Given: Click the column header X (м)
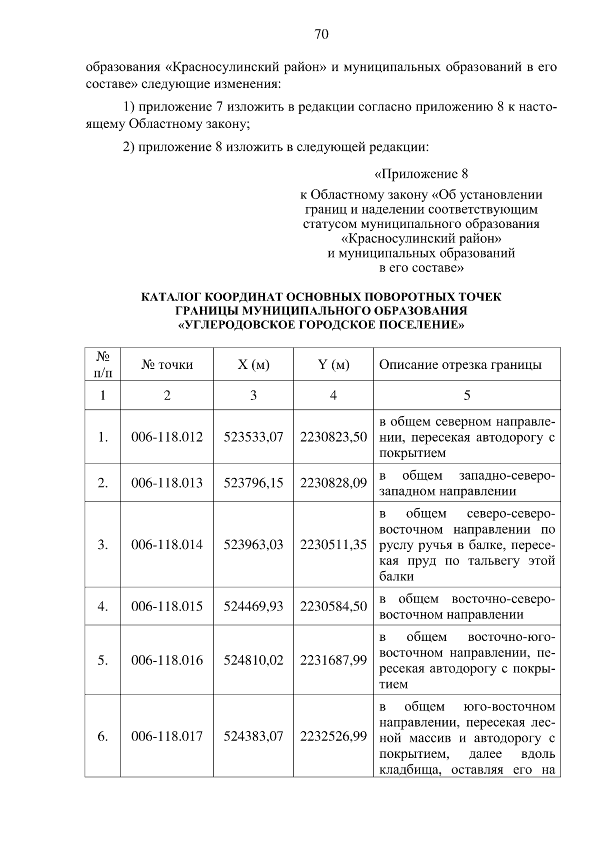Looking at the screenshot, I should [x=253, y=364].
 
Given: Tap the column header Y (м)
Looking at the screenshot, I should [x=333, y=364].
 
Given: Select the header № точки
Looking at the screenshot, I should [x=167, y=364].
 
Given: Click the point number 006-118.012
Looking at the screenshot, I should [x=167, y=437].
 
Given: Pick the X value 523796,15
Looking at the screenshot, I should [x=253, y=482].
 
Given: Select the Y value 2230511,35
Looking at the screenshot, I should [x=333, y=544].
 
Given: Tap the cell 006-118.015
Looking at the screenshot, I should [x=167, y=606].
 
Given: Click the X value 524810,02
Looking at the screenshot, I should [x=253, y=660].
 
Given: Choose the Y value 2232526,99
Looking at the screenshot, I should [x=333, y=736].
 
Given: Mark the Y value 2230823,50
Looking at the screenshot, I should [x=333, y=437].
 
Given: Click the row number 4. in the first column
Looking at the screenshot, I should [x=102, y=606].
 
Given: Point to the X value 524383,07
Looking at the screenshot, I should [x=253, y=736].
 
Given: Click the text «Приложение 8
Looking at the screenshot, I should [x=421, y=174].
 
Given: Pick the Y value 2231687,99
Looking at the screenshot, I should [x=333, y=660].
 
